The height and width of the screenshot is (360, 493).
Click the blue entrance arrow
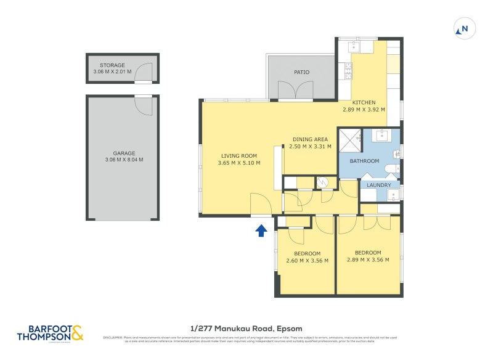click(x=261, y=230)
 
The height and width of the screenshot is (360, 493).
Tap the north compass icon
click(x=463, y=28)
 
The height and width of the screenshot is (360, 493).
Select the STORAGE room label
click(x=112, y=65)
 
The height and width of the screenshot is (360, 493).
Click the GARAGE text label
click(x=123, y=153)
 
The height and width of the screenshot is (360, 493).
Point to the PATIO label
click(x=301, y=72)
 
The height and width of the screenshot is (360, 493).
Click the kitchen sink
click(x=354, y=46)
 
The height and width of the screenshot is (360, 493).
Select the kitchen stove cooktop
click(x=348, y=71)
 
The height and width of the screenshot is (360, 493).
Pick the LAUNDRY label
click(x=379, y=185)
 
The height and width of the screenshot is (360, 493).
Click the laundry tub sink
click(x=393, y=195)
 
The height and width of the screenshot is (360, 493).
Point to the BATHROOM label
click(x=364, y=161)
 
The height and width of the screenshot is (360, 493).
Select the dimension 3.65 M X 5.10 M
click(x=239, y=163)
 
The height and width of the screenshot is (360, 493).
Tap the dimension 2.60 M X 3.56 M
click(x=307, y=261)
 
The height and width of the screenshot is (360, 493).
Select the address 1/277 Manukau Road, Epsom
click(x=246, y=329)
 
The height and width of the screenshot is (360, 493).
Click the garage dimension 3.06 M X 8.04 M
click(x=123, y=160)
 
